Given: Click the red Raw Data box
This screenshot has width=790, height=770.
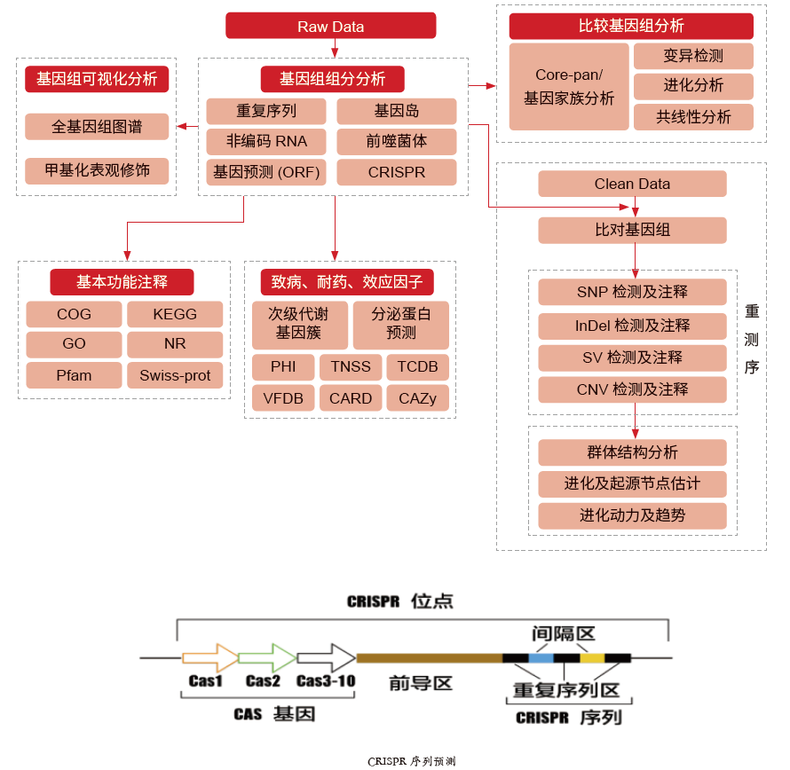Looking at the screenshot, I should pyautogui.click(x=330, y=26).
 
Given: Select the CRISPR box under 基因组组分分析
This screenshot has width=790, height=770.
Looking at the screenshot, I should pyautogui.click(x=397, y=172).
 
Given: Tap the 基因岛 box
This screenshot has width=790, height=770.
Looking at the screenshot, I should pyautogui.click(x=397, y=112).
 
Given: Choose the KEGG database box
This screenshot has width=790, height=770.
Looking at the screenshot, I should pyautogui.click(x=175, y=314).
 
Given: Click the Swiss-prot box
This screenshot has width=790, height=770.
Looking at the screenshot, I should pyautogui.click(x=175, y=375).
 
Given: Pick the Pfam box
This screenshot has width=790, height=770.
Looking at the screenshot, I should pyautogui.click(x=74, y=375).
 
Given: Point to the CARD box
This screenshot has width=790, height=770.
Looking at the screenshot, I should pyautogui.click(x=351, y=398).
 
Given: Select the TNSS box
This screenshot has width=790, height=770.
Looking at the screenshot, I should pyautogui.click(x=351, y=367).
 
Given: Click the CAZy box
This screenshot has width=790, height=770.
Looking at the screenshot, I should pyautogui.click(x=418, y=398).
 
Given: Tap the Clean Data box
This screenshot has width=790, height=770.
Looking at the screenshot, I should pyautogui.click(x=632, y=185).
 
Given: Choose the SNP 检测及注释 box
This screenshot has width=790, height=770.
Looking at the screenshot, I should pyautogui.click(x=632, y=292).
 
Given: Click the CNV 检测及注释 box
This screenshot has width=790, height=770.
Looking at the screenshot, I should pyautogui.click(x=632, y=389).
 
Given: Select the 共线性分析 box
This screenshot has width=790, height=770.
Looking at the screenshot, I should pyautogui.click(x=693, y=117).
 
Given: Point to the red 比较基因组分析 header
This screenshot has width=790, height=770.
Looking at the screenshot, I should pyautogui.click(x=631, y=26).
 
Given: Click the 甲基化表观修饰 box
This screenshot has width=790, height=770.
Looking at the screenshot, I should pyautogui.click(x=97, y=170).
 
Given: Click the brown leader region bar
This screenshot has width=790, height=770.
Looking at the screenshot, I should pyautogui.click(x=429, y=658).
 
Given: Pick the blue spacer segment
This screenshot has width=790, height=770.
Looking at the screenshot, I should pyautogui.click(x=541, y=658).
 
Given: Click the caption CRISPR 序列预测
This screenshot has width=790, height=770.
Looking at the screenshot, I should pyautogui.click(x=411, y=761).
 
